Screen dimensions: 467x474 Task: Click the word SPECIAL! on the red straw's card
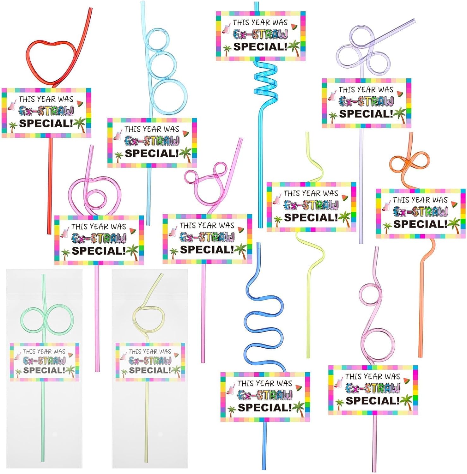[46, 123]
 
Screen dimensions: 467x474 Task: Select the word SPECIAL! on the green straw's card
[44, 370]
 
